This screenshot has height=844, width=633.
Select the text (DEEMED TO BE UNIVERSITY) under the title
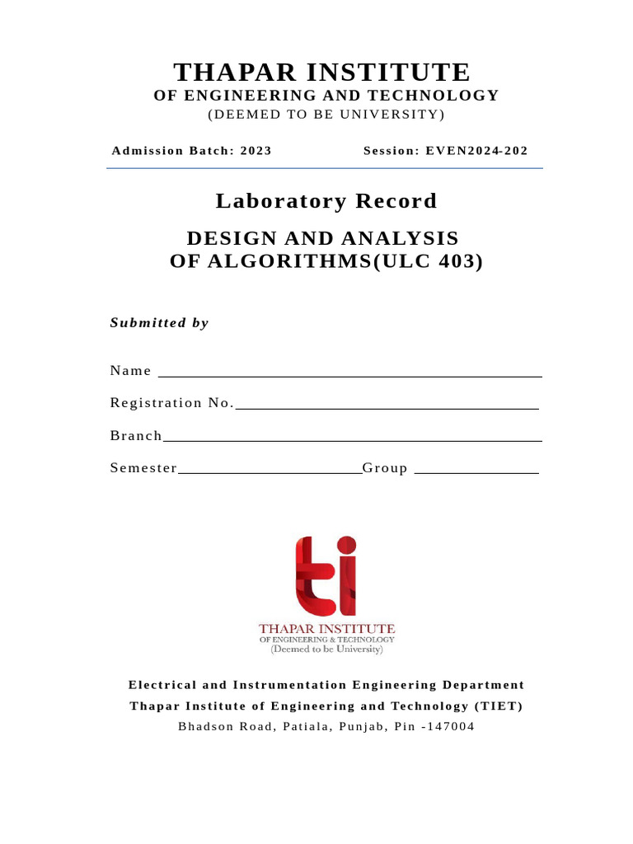326,114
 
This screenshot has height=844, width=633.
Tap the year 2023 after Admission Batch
256,151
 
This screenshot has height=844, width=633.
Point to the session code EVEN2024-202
476,151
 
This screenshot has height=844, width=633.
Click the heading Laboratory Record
326,201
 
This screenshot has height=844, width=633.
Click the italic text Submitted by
159,322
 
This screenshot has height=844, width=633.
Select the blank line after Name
349,376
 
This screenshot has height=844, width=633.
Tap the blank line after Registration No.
387,408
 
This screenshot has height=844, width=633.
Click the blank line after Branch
352,440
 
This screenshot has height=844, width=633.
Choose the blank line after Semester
270,473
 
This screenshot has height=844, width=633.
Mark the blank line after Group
476,473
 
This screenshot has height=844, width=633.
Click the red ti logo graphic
326,576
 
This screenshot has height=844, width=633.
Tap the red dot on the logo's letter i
347,545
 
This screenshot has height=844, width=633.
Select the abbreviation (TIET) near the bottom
498,706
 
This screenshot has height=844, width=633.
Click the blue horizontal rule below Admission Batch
324,168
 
